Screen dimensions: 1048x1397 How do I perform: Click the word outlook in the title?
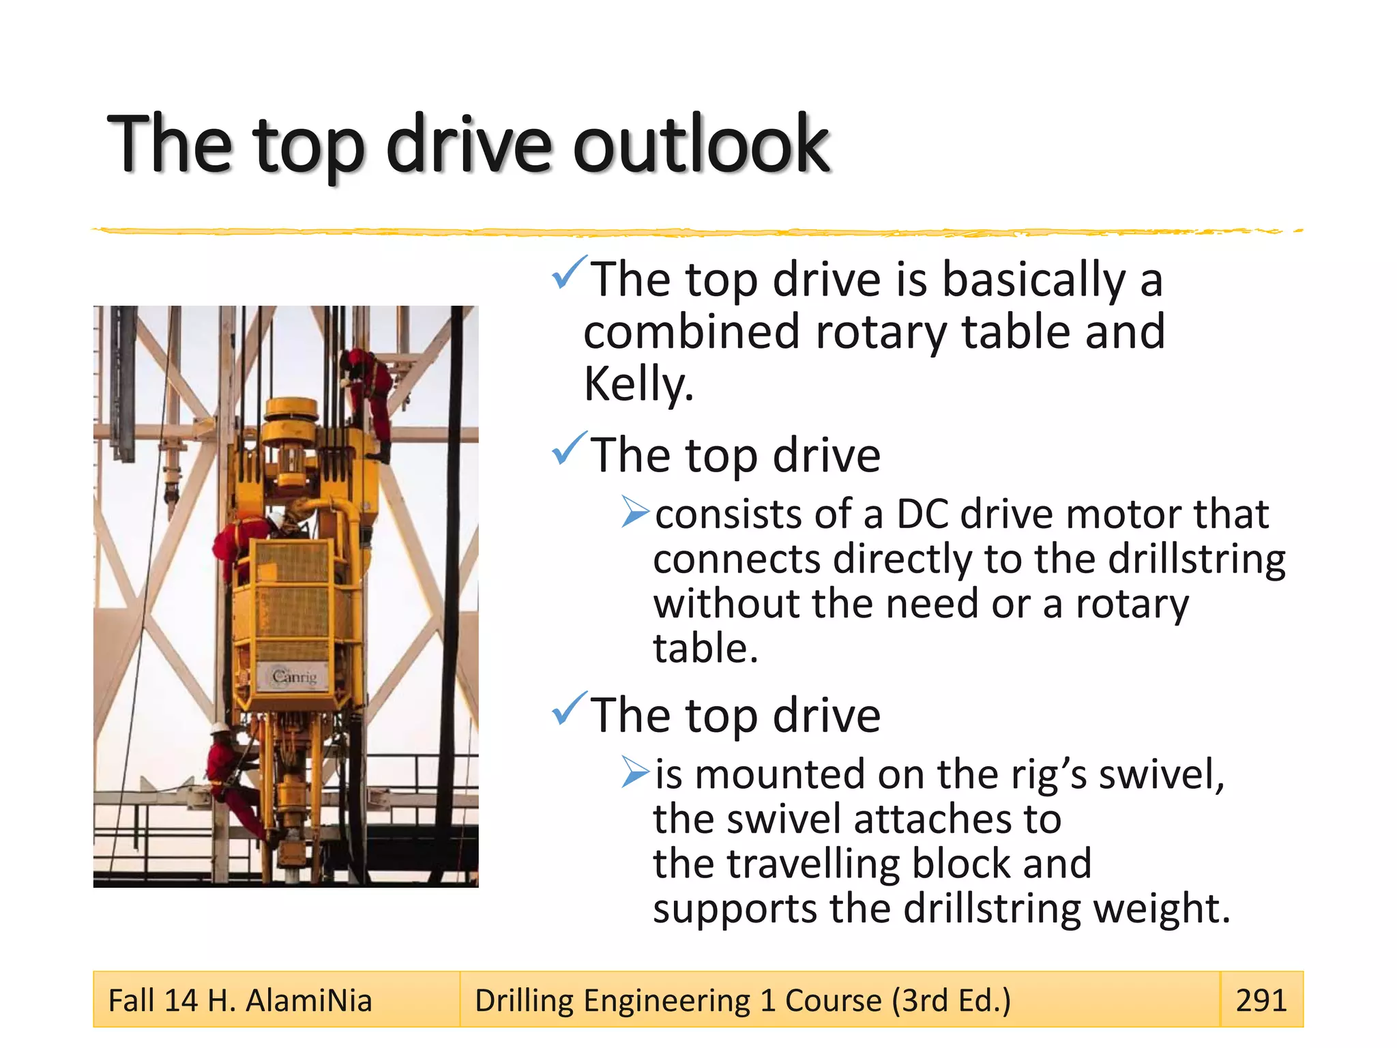pos(701,145)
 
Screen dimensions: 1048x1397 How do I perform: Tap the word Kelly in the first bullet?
pos(637,384)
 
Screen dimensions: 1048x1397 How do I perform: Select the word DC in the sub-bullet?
pos(922,514)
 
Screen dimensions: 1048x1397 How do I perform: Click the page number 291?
pos(1261,1000)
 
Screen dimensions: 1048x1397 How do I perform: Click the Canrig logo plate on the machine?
pos(294,677)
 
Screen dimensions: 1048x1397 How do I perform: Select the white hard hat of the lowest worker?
pos(220,728)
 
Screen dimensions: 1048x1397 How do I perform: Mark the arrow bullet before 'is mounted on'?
pos(636,773)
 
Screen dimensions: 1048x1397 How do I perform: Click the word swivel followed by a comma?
pos(1160,774)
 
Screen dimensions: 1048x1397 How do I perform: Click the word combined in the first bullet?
pos(691,332)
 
